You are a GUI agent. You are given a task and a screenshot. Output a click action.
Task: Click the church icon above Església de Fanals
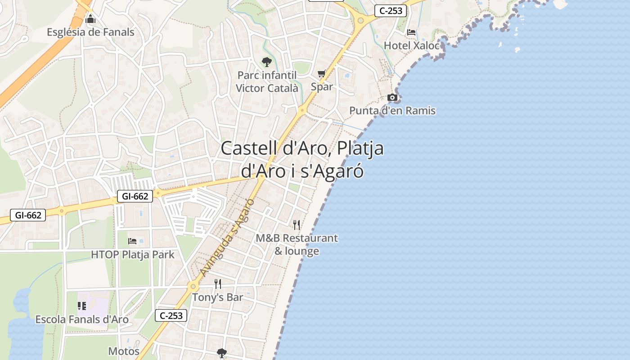pyautogui.click(x=90, y=19)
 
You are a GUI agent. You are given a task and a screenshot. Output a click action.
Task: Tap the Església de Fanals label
pyautogui.click(x=90, y=32)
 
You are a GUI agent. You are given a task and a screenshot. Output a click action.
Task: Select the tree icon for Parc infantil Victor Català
pyautogui.click(x=267, y=62)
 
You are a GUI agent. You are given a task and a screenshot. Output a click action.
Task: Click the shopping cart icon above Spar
pyautogui.click(x=322, y=74)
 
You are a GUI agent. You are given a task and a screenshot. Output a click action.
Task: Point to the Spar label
pyautogui.click(x=322, y=86)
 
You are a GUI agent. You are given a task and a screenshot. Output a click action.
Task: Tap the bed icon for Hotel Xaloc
pyautogui.click(x=411, y=32)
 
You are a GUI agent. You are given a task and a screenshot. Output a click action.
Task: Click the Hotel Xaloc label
pyautogui.click(x=411, y=45)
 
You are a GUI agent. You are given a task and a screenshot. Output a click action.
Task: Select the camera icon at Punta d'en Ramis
pyautogui.click(x=392, y=98)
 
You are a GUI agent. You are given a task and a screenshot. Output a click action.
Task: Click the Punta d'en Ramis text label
pyautogui.click(x=392, y=110)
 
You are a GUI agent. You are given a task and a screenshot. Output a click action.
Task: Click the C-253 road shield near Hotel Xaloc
pyautogui.click(x=390, y=11)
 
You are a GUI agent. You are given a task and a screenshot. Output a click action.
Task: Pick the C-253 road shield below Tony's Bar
pyautogui.click(x=171, y=315)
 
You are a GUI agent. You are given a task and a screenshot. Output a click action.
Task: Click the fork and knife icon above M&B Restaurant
pyautogui.click(x=297, y=225)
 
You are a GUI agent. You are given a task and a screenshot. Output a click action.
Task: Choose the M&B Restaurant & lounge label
pyautogui.click(x=297, y=244)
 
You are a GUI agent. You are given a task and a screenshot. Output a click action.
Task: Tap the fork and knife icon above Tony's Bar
pyautogui.click(x=218, y=284)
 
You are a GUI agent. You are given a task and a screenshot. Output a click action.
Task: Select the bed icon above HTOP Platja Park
pyautogui.click(x=132, y=241)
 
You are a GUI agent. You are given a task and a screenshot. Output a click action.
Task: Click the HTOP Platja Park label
pyautogui.click(x=132, y=254)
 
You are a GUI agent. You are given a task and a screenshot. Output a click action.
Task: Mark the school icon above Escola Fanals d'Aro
pyautogui.click(x=82, y=306)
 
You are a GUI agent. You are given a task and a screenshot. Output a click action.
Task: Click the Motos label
pyautogui.click(x=124, y=351)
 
